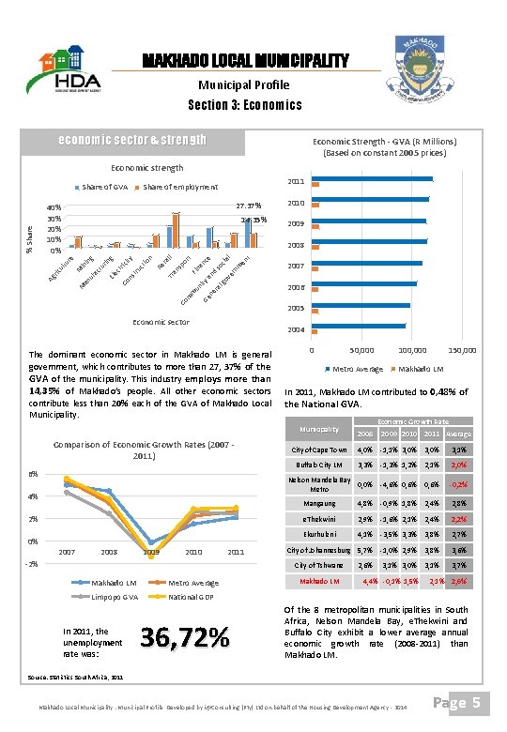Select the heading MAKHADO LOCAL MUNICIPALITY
pos(245,62)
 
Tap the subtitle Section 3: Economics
pos(245,104)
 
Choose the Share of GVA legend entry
pos(105,188)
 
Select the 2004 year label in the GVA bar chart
pos(296,329)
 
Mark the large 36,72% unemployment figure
pos(184,637)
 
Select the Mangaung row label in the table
pos(319,504)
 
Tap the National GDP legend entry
pos(195,597)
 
